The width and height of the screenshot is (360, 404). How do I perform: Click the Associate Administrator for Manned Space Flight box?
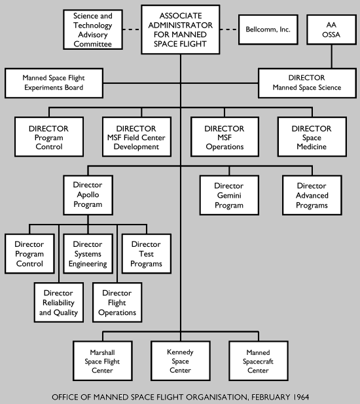click(179, 29)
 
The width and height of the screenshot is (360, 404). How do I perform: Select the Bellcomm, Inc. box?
click(264, 29)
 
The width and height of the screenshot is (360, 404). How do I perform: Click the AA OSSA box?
click(331, 29)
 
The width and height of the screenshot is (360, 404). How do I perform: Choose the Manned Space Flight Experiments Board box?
click(53, 83)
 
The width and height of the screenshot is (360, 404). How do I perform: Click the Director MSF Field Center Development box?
click(136, 138)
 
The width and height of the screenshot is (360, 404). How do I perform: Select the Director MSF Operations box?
click(224, 138)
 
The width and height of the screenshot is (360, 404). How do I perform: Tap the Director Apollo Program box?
click(92, 195)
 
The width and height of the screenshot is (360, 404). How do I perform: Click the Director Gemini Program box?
click(228, 195)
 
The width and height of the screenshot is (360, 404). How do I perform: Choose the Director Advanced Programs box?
click(311, 195)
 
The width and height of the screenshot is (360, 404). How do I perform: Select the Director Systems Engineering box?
click(88, 254)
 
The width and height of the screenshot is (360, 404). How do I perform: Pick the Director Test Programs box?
click(146, 254)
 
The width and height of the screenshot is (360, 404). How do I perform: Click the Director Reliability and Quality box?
click(58, 303)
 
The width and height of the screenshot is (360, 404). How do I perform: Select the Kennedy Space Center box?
click(181, 360)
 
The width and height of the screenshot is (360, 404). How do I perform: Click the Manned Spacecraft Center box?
click(257, 360)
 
